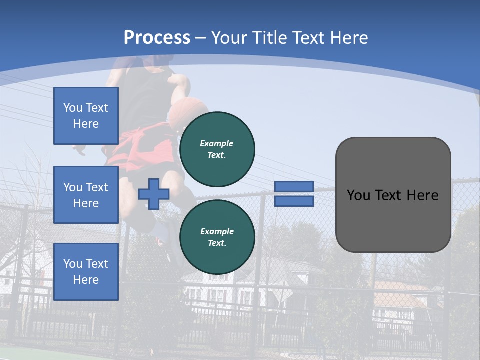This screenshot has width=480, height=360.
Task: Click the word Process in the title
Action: click(x=157, y=37)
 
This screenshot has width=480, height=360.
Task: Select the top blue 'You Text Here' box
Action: click(x=86, y=116)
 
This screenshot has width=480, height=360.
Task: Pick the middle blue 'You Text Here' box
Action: click(x=86, y=195)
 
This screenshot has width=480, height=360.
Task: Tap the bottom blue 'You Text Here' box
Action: click(x=86, y=271)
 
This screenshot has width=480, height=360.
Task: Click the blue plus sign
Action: click(x=153, y=194)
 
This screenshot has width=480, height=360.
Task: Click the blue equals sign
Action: click(x=294, y=194)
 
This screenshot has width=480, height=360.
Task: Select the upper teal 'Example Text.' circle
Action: click(x=217, y=149)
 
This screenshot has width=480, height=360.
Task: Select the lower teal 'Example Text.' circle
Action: click(x=217, y=237)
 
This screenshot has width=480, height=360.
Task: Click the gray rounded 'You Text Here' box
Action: click(x=393, y=194)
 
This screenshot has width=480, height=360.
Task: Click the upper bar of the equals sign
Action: click(x=294, y=186)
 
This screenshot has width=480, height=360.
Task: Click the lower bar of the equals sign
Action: click(x=294, y=201)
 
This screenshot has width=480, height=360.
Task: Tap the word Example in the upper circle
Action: click(x=216, y=143)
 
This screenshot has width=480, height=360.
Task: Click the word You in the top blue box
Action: click(x=73, y=108)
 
